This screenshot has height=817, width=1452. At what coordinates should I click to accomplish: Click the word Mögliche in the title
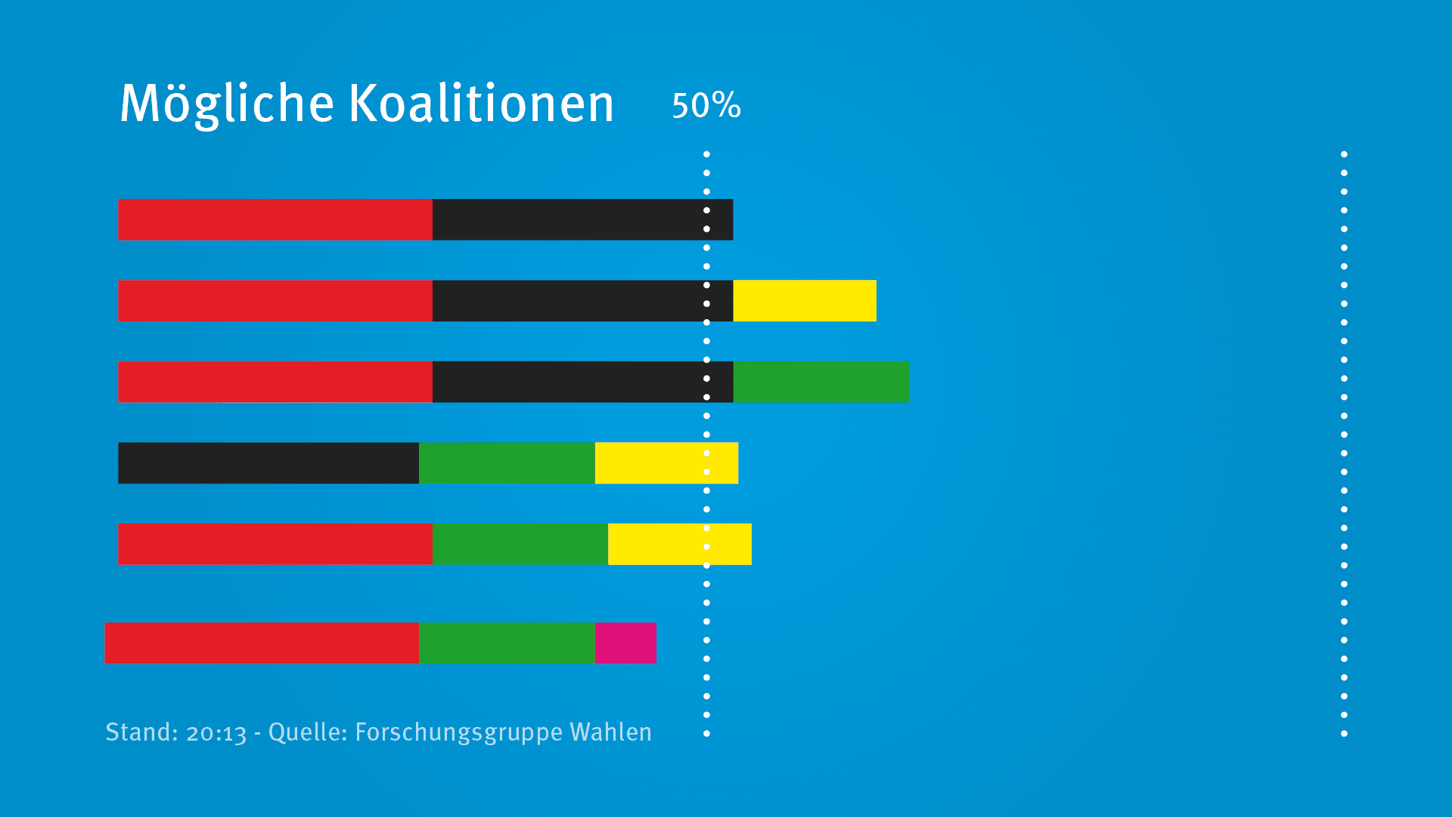(227, 104)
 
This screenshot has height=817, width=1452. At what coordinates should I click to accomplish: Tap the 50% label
(706, 105)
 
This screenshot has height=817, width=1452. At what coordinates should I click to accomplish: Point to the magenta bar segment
(625, 643)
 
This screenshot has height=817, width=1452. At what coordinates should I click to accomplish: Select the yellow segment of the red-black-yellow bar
(805, 301)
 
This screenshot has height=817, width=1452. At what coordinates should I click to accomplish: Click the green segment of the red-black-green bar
(821, 382)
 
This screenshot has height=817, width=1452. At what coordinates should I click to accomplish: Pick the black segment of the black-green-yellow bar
(268, 463)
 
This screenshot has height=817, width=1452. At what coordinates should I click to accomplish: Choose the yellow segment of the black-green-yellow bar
(666, 463)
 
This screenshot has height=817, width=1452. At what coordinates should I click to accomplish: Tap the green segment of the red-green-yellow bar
(520, 544)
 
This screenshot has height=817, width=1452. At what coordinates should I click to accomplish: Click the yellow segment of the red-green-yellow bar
(680, 544)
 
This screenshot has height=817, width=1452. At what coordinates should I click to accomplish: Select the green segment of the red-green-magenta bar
(507, 643)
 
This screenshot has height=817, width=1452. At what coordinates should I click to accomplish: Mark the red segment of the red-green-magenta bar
(262, 643)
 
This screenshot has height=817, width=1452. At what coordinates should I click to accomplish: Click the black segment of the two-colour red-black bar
(583, 219)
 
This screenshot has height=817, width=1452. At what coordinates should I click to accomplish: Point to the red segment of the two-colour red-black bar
(275, 219)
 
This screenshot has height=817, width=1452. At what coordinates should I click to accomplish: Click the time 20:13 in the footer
(216, 733)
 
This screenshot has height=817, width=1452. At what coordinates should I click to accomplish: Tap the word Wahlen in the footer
(611, 732)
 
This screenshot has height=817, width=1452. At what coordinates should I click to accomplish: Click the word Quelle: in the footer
(308, 732)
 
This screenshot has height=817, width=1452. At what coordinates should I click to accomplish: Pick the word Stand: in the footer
(142, 732)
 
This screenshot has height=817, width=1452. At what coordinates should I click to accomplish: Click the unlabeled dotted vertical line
(1344, 443)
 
